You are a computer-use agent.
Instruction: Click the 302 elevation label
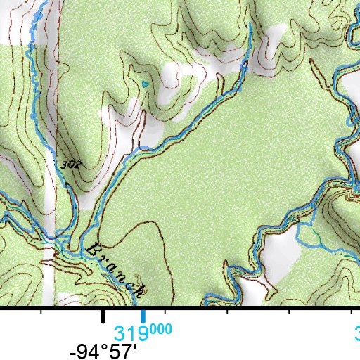click(x=68, y=165)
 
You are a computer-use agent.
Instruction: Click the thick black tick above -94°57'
click(x=103, y=316)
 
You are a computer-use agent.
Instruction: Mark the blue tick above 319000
click(x=143, y=316)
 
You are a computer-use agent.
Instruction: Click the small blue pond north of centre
click(x=146, y=85)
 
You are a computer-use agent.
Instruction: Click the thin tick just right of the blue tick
click(x=164, y=311)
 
